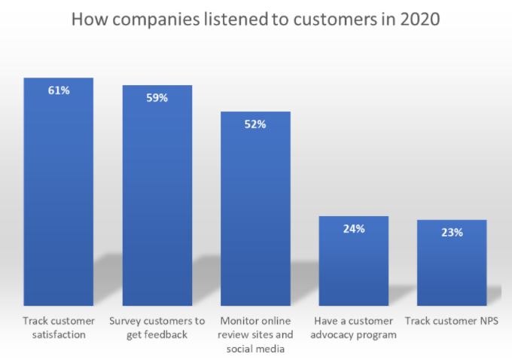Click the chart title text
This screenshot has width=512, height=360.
(255, 19)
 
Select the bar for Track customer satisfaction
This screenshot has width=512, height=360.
(59, 196)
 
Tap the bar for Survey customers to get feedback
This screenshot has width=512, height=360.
(157, 200)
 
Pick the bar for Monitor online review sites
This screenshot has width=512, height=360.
(255, 211)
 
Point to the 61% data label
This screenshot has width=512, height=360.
(59, 90)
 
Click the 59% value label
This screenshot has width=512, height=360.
(157, 98)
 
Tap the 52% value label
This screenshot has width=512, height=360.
(255, 124)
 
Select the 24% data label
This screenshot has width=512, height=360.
(354, 229)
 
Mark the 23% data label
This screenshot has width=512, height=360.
(452, 233)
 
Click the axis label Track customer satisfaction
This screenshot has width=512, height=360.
(59, 328)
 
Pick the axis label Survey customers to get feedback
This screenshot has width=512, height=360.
(157, 328)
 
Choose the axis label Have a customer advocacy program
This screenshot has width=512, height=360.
(354, 328)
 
